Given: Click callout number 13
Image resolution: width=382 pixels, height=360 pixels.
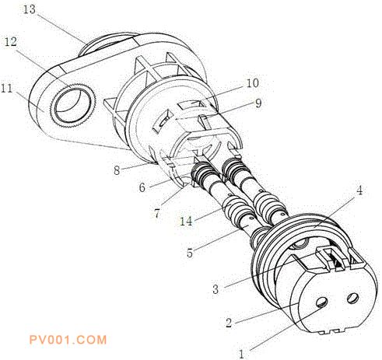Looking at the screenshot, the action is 30,9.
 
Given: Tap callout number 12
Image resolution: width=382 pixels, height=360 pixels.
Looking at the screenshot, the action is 10,41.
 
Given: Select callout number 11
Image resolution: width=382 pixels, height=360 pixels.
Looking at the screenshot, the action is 7,88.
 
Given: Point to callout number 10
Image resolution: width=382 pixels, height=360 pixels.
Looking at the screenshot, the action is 253,83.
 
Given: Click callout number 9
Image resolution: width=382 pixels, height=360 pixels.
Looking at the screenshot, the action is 258,103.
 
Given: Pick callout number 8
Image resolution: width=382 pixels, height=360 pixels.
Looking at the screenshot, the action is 117,171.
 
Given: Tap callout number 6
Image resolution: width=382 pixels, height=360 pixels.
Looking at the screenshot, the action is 142,187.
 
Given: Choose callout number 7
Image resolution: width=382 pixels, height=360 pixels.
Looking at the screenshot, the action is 156,214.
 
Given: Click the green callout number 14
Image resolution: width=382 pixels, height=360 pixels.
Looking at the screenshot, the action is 187,221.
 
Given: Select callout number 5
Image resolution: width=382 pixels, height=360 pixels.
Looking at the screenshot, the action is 190,253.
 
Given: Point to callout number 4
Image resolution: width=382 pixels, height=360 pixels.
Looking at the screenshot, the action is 359,190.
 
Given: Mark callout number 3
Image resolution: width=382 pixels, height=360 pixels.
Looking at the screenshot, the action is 216,289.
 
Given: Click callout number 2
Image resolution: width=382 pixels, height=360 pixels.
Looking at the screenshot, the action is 229,323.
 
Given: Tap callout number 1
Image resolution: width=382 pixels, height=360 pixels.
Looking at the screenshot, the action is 242,354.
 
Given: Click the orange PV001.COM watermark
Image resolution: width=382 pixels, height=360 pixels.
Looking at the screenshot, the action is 68,340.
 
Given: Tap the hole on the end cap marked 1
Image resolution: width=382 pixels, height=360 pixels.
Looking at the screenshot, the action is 322,302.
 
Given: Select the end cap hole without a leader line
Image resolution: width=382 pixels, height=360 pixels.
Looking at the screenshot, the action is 353,298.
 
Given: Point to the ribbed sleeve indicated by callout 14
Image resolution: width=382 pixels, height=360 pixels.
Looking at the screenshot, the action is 233,208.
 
